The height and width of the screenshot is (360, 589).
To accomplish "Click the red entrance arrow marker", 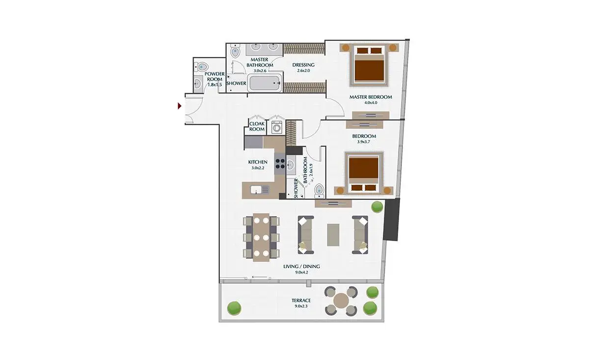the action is click(x=180, y=106).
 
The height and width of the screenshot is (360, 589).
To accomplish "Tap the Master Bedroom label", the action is click(x=371, y=97).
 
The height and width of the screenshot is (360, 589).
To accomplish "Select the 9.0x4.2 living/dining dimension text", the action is click(x=301, y=273).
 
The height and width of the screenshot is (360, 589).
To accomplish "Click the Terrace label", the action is click(x=301, y=300).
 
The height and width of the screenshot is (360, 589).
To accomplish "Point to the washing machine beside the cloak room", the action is click(x=277, y=127).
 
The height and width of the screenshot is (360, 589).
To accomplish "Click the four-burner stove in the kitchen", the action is click(x=280, y=164).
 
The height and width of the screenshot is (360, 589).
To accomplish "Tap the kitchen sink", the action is click(x=72, y=190).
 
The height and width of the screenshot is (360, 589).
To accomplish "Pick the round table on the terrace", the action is click(x=341, y=301).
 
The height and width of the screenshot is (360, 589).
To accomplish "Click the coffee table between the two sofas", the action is click(x=333, y=235).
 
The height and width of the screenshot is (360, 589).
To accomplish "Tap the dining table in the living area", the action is click(x=261, y=237).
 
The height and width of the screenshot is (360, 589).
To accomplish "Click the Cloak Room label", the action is click(x=257, y=126).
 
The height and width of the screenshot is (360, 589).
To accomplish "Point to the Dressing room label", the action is click(x=303, y=65).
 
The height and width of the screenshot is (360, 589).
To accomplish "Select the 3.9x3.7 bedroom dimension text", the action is click(x=364, y=141).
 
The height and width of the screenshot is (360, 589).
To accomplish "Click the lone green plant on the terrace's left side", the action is click(x=234, y=308).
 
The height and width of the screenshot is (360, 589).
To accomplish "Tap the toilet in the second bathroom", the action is click(x=319, y=191).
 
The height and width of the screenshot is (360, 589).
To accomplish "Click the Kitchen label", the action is click(x=258, y=162).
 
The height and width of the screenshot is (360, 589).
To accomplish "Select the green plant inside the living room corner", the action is click(x=377, y=207).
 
